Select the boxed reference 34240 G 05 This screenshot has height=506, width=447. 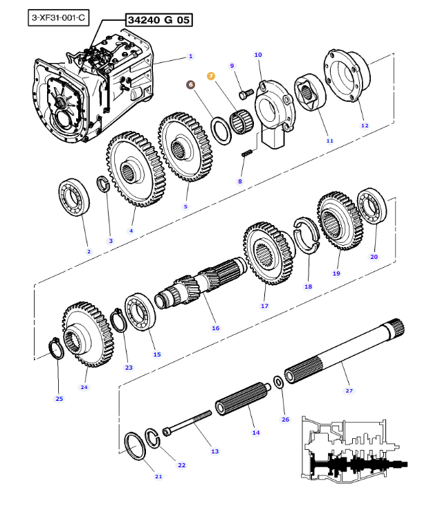158,20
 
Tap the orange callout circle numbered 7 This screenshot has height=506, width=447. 211,76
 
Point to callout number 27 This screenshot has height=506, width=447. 349,390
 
